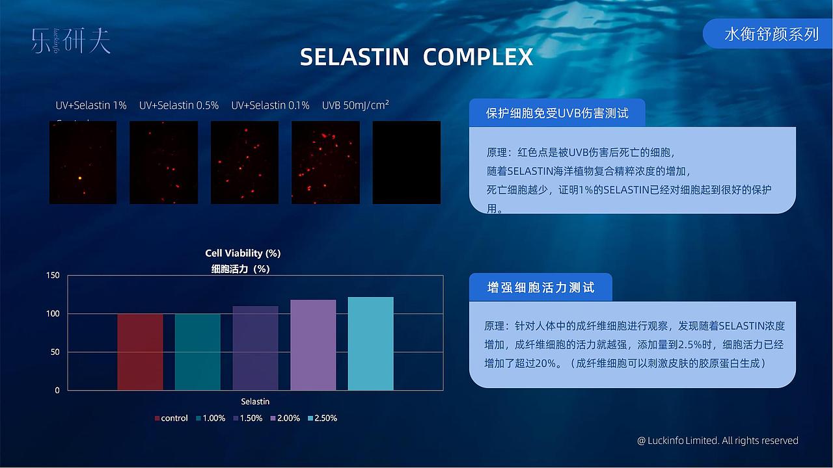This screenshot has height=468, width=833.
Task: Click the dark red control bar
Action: (140, 352)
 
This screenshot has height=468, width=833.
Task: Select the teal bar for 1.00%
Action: (198, 352)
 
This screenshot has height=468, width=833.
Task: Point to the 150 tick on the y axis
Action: (53, 276)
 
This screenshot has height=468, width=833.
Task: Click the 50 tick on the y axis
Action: (56, 352)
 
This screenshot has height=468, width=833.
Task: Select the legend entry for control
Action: (171, 418)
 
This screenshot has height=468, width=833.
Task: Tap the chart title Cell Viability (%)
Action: (243, 253)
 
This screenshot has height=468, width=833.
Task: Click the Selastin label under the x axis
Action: (255, 402)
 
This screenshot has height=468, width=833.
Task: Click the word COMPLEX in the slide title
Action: (478, 57)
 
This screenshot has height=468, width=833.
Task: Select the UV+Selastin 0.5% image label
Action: (179, 105)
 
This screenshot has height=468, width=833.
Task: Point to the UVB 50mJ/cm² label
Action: (355, 105)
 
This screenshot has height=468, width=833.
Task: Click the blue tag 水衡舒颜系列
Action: (771, 34)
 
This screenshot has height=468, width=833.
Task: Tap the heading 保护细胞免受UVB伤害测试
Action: (557, 113)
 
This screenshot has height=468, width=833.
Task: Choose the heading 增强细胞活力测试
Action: (540, 287)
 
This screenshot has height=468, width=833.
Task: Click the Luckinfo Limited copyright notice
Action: (717, 441)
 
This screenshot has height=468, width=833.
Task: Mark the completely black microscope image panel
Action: (406, 162)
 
